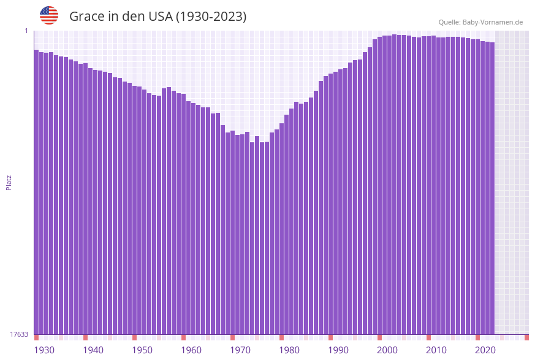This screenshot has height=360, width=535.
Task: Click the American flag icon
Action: pyautogui.click(x=49, y=15)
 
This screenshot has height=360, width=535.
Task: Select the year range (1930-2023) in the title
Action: pyautogui.click(x=211, y=17)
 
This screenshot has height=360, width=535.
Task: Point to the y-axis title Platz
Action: pyautogui.click(x=9, y=182)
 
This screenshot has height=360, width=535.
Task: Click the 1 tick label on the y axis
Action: pyautogui.click(x=26, y=31)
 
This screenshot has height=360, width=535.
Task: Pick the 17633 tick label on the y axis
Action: pyautogui.click(x=19, y=334)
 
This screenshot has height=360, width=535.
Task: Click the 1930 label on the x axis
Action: pyautogui.click(x=44, y=350)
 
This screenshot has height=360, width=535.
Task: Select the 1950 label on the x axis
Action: pyautogui.click(x=142, y=350)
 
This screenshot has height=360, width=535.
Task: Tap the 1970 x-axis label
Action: pyautogui.click(x=240, y=350)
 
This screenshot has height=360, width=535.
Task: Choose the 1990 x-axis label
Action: pyautogui.click(x=338, y=350)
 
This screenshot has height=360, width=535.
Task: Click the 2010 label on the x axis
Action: pyautogui.click(x=436, y=350)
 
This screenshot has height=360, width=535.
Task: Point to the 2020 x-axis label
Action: pyautogui.click(x=485, y=350)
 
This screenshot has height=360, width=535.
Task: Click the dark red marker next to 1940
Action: pyautogui.click(x=86, y=337)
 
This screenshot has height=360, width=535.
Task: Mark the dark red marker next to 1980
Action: pyautogui.click(x=282, y=337)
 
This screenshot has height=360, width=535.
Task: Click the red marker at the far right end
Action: pyautogui.click(x=526, y=337)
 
